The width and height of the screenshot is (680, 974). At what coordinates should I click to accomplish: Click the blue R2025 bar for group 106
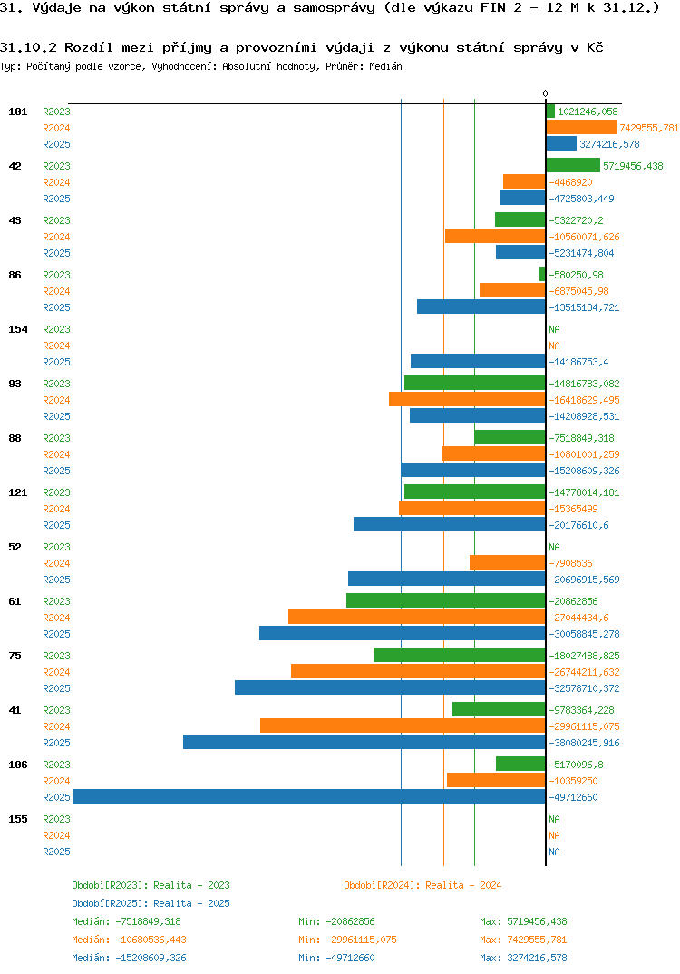coord(308,796)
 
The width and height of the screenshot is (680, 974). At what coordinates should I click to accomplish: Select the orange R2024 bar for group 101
coord(581,127)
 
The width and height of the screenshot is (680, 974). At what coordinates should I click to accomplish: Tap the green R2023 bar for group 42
coord(573,165)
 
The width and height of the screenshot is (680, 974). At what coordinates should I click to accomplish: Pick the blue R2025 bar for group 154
coord(478,361)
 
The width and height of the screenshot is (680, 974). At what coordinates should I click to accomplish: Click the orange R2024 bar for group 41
coord(403,726)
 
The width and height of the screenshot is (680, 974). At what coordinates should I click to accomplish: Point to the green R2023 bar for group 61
coord(445,600)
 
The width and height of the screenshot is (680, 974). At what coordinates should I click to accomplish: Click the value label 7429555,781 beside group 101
coord(649,128)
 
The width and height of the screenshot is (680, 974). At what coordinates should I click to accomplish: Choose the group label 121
coord(17,492)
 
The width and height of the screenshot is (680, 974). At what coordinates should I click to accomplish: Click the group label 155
coord(17,819)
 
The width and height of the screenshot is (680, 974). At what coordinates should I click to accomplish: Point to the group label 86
coord(15,275)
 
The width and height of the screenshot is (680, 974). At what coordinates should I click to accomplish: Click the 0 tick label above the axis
coord(545,93)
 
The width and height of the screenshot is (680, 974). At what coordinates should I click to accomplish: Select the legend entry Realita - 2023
coord(151,885)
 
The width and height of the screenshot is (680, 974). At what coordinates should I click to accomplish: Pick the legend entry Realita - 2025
coord(151,903)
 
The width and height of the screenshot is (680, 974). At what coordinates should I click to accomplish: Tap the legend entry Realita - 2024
coord(423,885)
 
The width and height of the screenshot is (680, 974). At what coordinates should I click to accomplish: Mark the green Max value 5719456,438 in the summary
coord(523,921)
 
